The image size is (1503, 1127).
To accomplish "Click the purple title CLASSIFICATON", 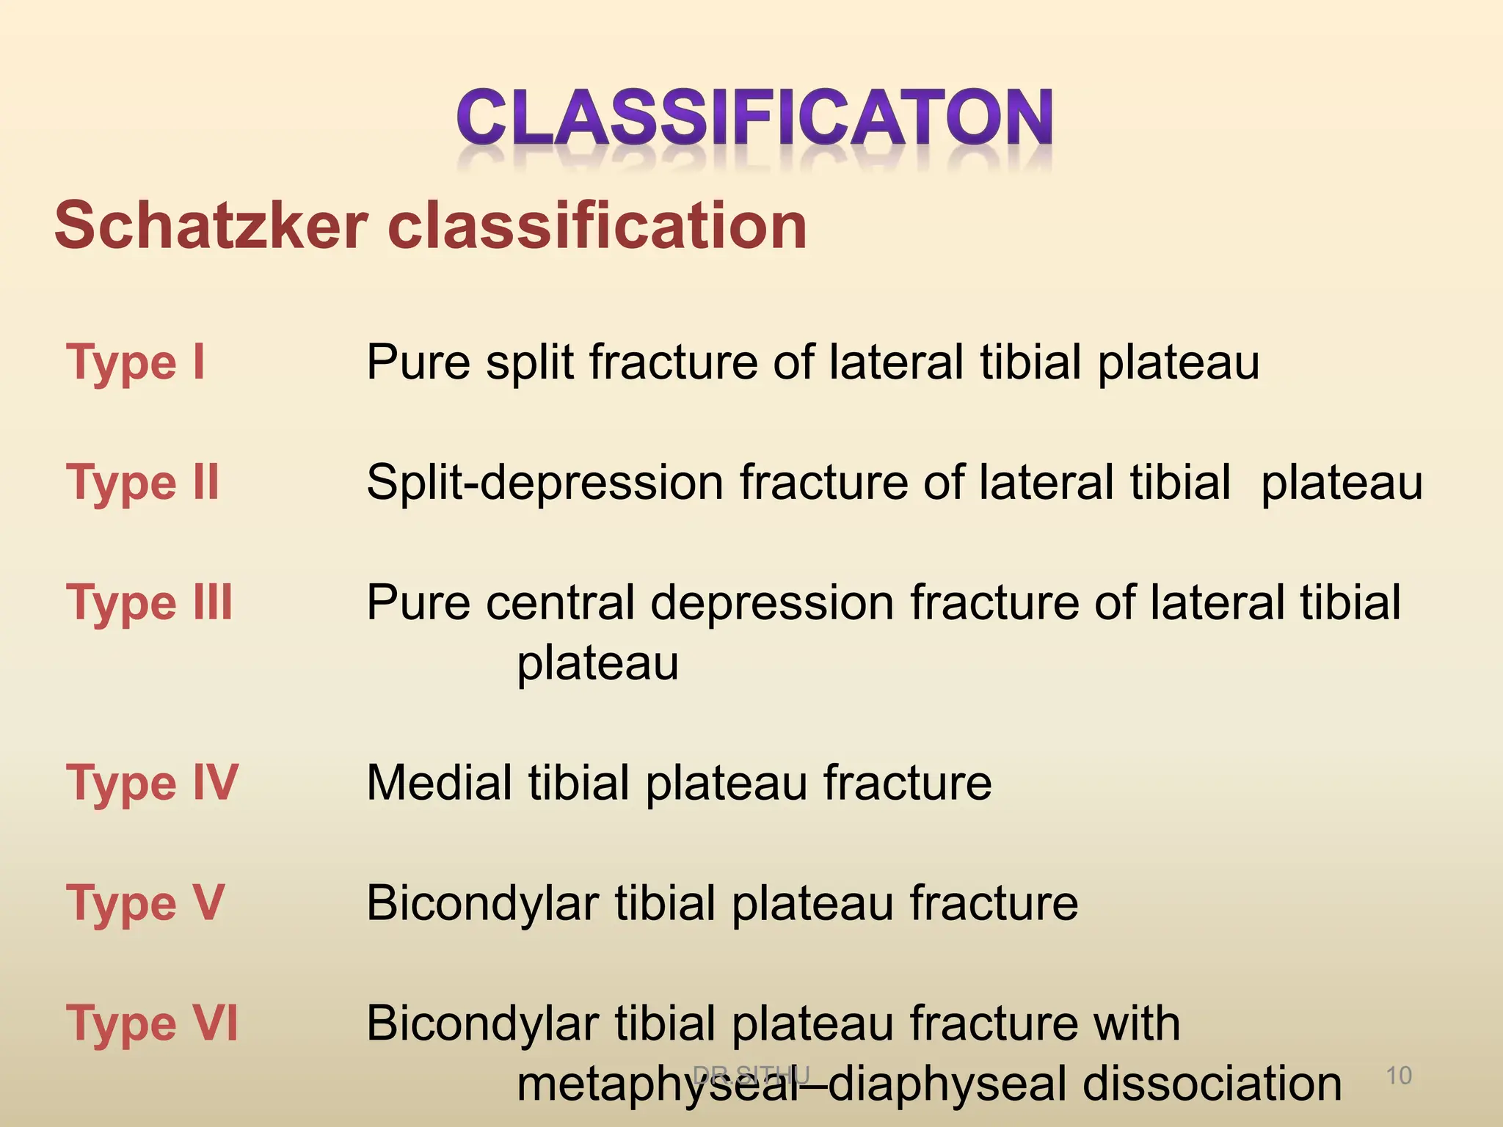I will pos(754,117).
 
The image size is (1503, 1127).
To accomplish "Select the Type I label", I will pos(136,362).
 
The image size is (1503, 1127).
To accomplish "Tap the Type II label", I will pos(143,483).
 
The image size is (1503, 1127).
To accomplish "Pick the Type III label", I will pos(150,603).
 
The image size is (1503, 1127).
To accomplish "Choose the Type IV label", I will pos(153,783).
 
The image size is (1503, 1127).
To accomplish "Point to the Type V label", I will pos(145,903).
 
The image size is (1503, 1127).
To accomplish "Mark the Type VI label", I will pos(153,1024).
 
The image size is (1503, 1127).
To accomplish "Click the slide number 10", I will pos(1399,1076).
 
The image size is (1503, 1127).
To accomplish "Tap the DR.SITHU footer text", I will pos(751,1075).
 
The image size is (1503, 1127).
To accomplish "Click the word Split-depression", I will pos(545,483).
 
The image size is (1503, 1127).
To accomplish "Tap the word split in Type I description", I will pos(529,362).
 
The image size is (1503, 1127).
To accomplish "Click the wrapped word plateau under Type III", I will pos(597,664).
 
